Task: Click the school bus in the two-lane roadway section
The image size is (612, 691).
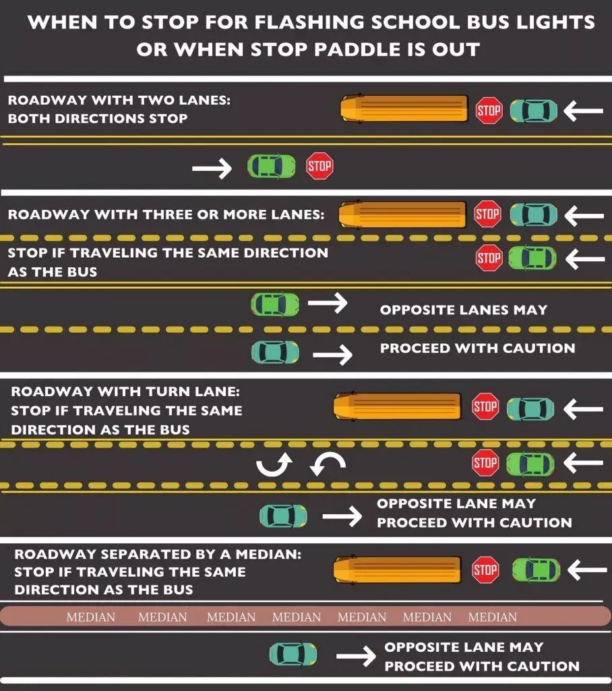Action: coord(404,108)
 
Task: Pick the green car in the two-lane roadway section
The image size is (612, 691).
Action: coord(271,166)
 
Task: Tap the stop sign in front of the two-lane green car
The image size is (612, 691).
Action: coord(319,166)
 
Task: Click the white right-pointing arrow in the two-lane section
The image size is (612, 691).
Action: coord(212,168)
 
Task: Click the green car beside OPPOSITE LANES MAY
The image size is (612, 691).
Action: coord(275,304)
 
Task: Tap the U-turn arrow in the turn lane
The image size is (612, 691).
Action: coord(274,465)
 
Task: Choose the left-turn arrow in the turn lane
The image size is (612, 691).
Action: coord(328,465)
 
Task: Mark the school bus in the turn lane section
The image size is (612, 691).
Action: coord(398,406)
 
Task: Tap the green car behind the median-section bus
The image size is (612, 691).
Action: coord(537,570)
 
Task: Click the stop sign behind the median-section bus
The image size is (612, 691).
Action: coord(485,570)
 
